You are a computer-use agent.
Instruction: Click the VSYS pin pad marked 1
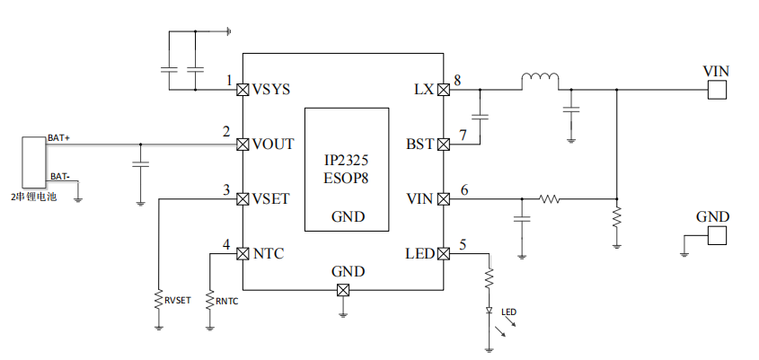click(242, 90)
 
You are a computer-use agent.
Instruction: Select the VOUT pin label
click(273, 145)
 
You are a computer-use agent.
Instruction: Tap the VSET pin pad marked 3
click(242, 199)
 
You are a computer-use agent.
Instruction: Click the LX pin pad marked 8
click(443, 90)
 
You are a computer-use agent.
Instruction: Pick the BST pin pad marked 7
click(443, 145)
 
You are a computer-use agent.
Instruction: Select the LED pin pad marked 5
click(443, 254)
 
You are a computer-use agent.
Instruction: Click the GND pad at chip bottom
click(342, 290)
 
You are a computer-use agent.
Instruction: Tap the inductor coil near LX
click(539, 82)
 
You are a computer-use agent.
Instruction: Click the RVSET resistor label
click(177, 300)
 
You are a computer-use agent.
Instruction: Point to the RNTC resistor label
click(226, 300)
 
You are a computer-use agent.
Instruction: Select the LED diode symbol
click(490, 311)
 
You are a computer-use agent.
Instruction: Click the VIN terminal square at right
click(717, 90)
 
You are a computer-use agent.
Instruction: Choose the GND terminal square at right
click(717, 235)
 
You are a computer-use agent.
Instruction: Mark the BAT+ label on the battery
click(59, 137)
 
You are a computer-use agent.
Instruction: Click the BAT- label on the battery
click(58, 176)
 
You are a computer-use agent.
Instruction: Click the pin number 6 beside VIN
click(463, 189)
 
